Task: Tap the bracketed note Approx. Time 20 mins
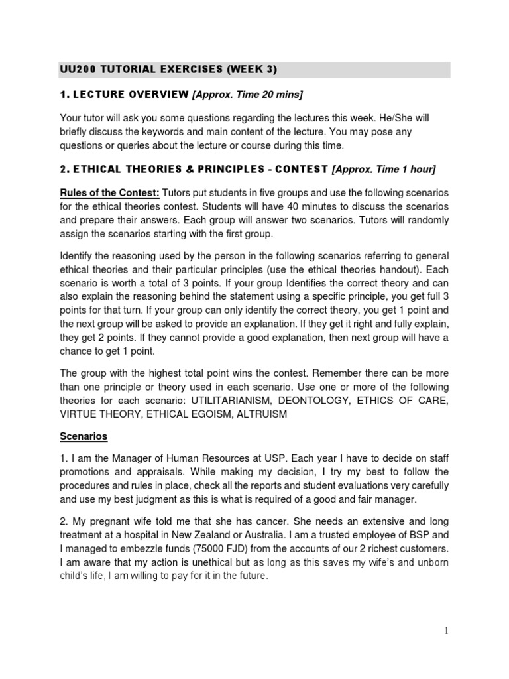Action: tap(247, 95)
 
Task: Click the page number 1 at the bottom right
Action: tap(447, 631)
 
